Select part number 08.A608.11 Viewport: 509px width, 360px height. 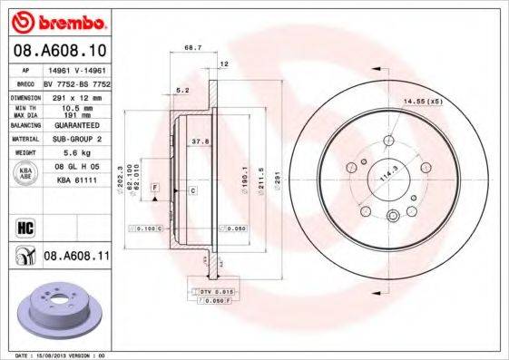[77, 257]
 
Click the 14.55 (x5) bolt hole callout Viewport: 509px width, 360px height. [422, 100]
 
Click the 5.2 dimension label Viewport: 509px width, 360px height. [181, 91]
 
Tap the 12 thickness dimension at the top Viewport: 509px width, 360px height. [223, 64]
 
